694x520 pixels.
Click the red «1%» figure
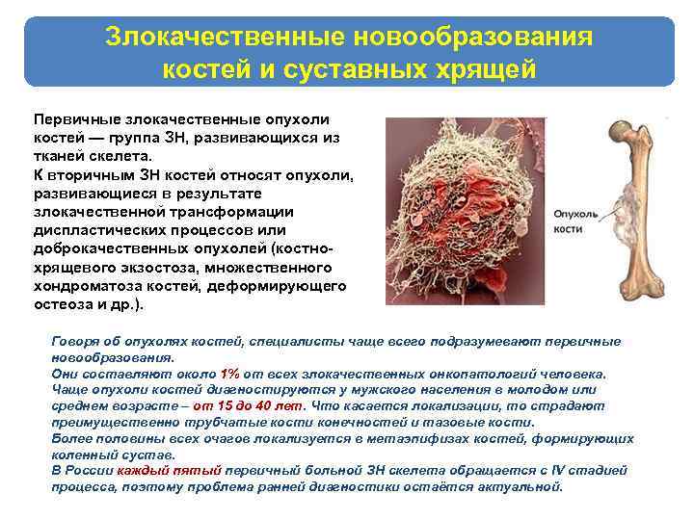pos(229,373)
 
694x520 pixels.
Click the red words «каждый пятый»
pos(170,470)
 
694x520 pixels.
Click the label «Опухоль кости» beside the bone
pos(576,221)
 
